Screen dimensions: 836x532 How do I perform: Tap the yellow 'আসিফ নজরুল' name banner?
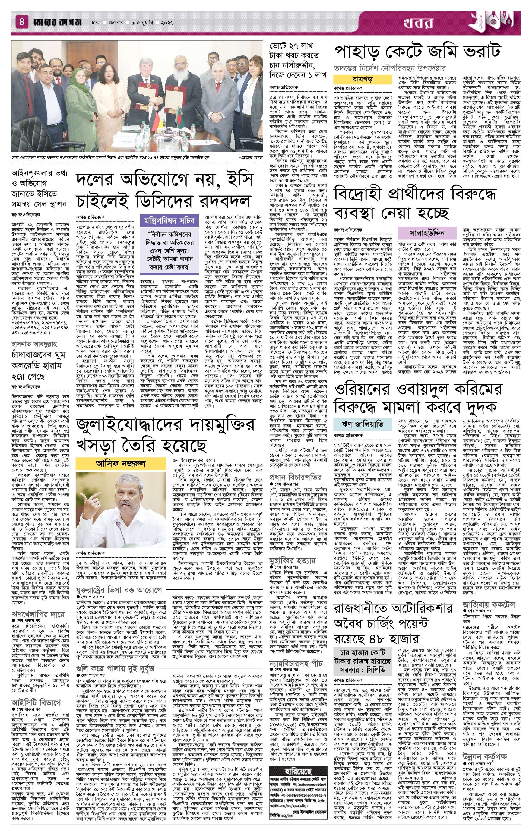[121, 463]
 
